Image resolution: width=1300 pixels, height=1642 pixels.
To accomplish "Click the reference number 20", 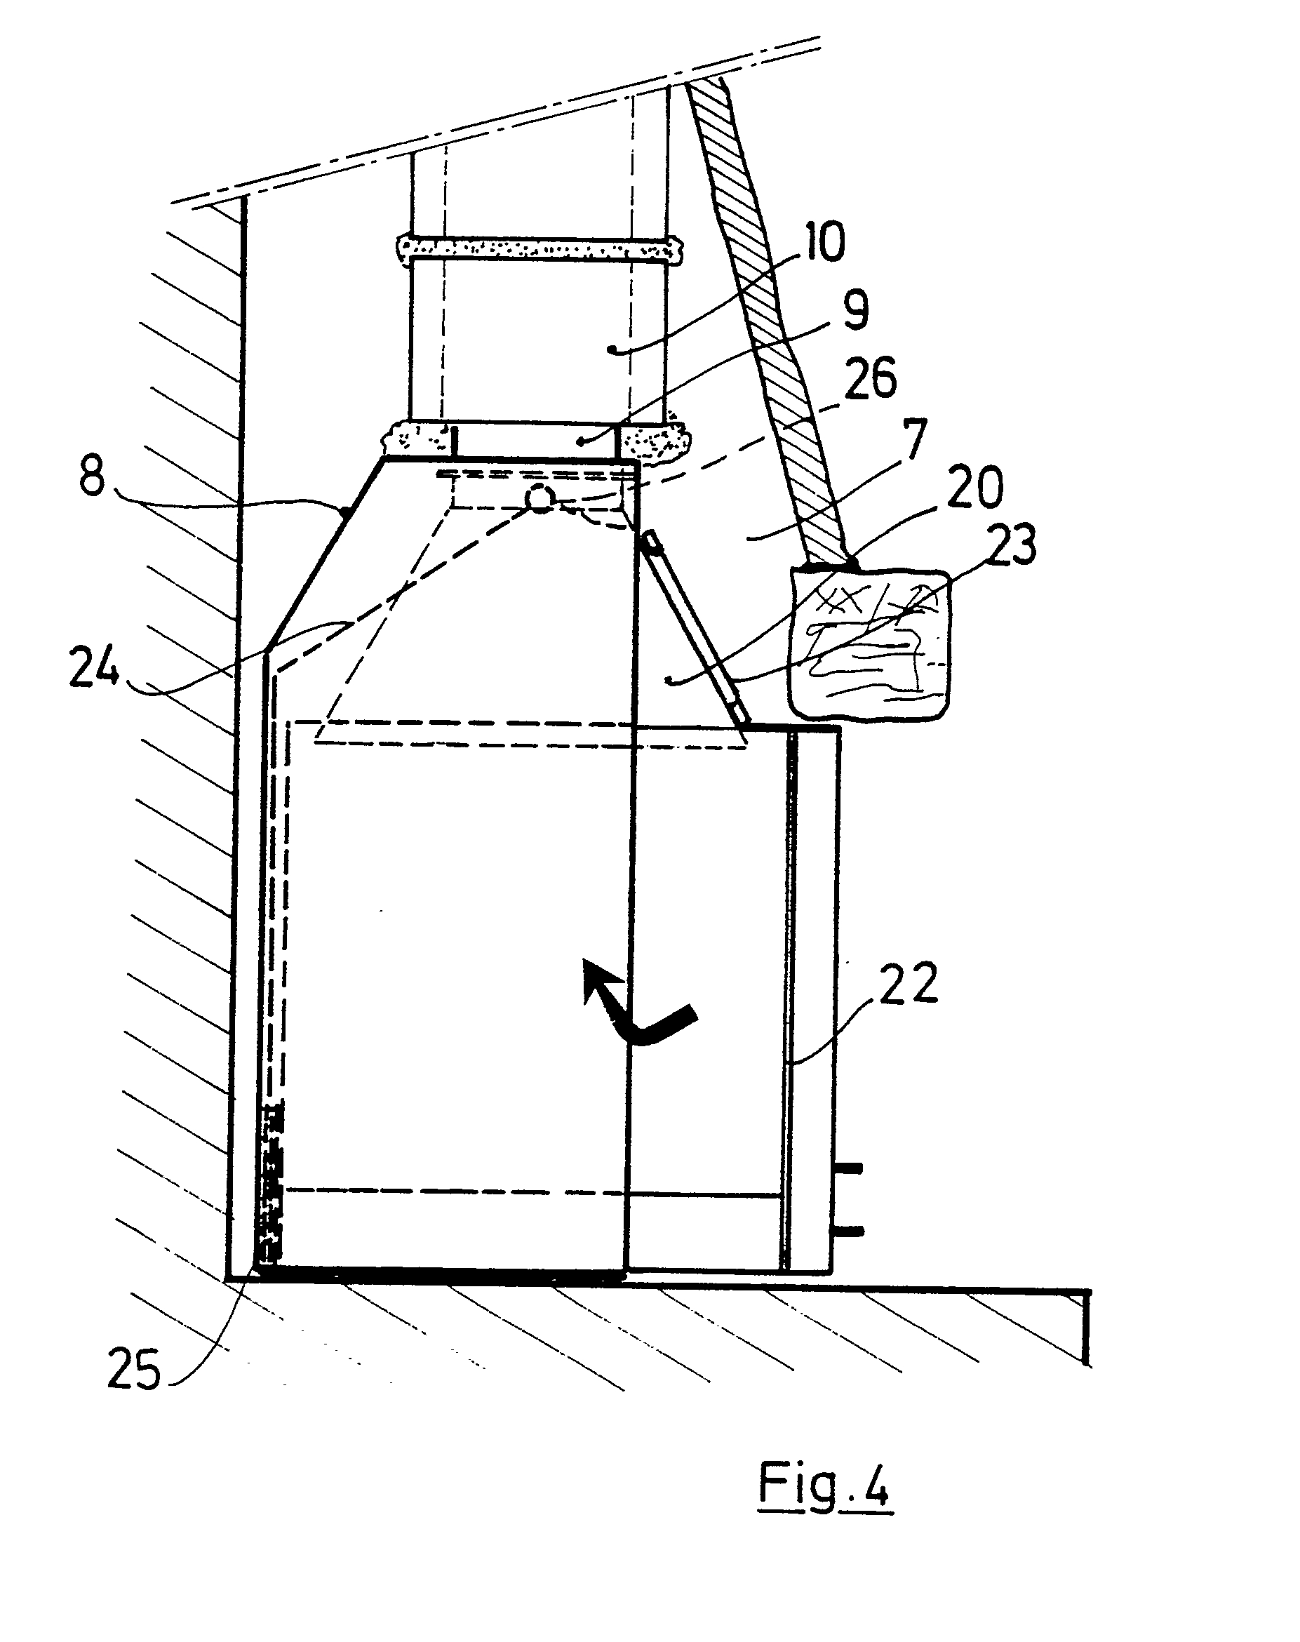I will pyautogui.click(x=977, y=488).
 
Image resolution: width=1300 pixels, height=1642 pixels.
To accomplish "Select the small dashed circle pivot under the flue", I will pyautogui.click(x=539, y=498).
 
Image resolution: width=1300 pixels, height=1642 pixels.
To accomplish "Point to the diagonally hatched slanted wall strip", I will pyautogui.click(x=769, y=320).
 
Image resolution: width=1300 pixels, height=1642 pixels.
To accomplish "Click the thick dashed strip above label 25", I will pyautogui.click(x=271, y=1195).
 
